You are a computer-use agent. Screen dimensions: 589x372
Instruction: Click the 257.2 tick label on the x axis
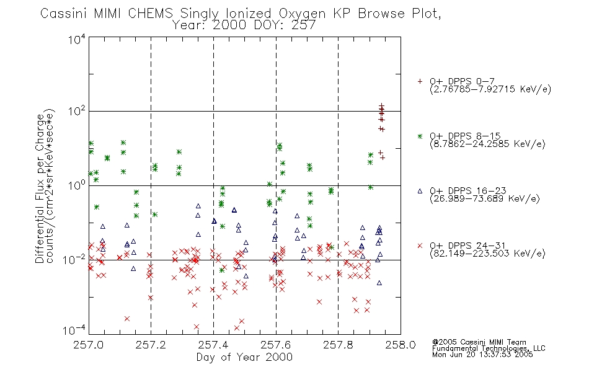(151, 345)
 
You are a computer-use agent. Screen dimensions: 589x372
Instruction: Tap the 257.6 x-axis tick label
(276, 345)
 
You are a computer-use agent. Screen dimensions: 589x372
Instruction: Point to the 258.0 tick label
(401, 345)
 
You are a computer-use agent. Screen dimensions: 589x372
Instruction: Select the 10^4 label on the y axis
(77, 39)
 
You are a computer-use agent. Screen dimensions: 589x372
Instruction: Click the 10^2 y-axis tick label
(77, 112)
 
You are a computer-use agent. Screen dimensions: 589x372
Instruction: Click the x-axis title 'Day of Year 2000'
(244, 357)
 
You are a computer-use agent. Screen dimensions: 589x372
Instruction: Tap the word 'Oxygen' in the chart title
(302, 14)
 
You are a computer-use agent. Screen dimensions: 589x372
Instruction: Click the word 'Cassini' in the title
(63, 14)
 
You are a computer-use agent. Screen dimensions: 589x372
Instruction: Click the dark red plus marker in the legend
(420, 81)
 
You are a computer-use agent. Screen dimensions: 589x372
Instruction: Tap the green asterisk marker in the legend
(420, 136)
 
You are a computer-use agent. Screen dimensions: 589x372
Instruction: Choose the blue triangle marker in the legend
(420, 191)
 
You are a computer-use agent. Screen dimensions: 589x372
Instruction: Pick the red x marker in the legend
(420, 246)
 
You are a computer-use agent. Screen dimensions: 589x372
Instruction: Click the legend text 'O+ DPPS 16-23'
(468, 190)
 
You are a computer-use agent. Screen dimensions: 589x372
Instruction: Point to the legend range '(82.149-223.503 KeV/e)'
(487, 254)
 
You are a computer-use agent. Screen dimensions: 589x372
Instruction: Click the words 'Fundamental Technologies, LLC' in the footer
(489, 348)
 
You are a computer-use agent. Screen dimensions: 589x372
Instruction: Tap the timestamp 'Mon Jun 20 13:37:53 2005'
(482, 355)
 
